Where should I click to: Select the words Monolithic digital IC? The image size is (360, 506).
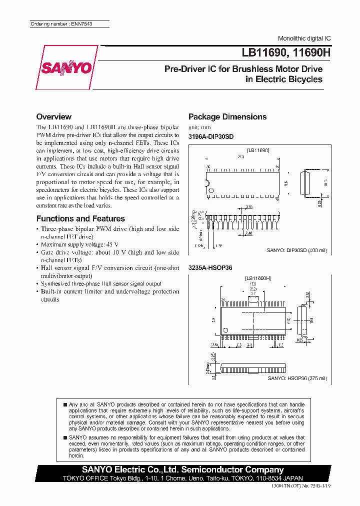coord(304,38)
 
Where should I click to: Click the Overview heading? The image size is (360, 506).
coord(53,116)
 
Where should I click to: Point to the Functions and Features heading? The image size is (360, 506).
coord(80,218)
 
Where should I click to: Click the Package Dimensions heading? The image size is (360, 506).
coord(227,116)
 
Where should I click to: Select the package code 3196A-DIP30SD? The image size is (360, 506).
coord(210,136)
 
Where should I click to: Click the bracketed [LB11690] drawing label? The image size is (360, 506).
coord(258,150)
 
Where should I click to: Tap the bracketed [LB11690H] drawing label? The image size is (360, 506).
coord(258,278)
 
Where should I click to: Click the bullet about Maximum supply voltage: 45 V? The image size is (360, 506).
coord(72,244)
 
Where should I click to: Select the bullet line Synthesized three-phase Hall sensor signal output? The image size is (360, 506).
coord(100,283)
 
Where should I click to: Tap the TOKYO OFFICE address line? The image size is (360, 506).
coord(183,478)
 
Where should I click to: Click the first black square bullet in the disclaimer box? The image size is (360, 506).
coord(65,404)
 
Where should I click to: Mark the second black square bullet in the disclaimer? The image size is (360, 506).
coord(65,437)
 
